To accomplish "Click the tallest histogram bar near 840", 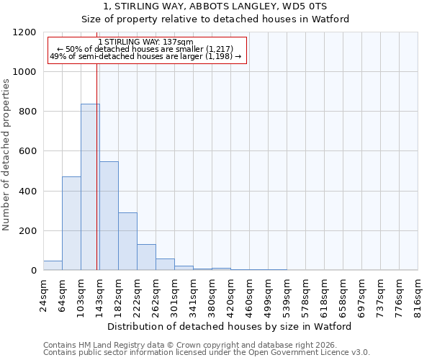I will (90, 187).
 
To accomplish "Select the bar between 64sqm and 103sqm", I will (71, 223).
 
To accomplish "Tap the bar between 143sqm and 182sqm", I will (109, 216).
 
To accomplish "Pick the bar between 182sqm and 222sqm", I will (127, 241).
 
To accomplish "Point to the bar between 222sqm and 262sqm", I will (146, 257).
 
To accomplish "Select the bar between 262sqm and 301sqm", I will (165, 264).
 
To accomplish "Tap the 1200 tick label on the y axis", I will (24, 32).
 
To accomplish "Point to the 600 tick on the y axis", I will (27, 151).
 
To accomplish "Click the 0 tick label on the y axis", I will (33, 271).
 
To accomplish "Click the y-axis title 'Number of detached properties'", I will (6, 151).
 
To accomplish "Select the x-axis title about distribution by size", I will (230, 326).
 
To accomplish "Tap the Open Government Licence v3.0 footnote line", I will (206, 353).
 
